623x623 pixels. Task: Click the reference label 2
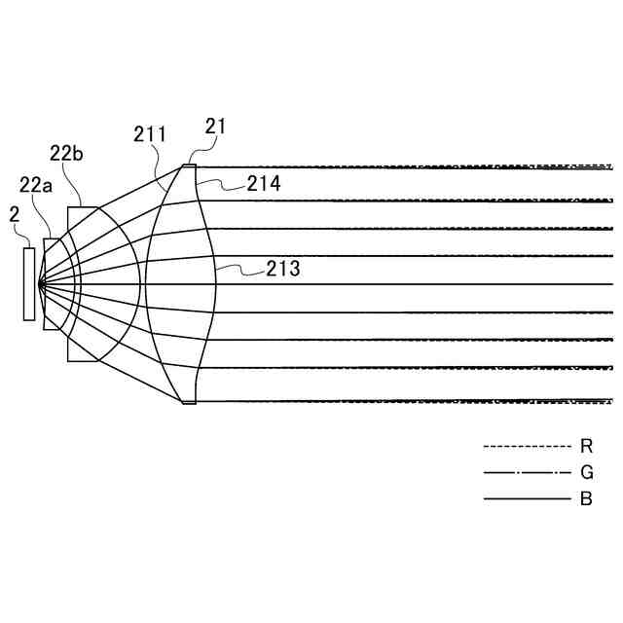pyautogui.click(x=15, y=214)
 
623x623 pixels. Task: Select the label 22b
pyautogui.click(x=66, y=152)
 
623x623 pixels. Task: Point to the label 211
pyautogui.click(x=149, y=134)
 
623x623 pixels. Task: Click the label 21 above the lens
pyautogui.click(x=216, y=126)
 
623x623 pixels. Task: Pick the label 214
pyautogui.click(x=263, y=182)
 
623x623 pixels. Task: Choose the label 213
pyautogui.click(x=282, y=269)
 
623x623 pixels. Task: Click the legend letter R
pyautogui.click(x=586, y=446)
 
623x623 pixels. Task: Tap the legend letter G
pyautogui.click(x=586, y=473)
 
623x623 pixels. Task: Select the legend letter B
pyautogui.click(x=586, y=499)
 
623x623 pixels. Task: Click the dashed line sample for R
pyautogui.click(x=527, y=446)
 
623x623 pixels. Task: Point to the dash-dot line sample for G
pyautogui.click(x=527, y=473)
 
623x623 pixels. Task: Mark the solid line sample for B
pyautogui.click(x=527, y=499)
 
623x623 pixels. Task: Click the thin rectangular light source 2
pyautogui.click(x=29, y=283)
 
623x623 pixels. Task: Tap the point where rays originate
pyautogui.click(x=39, y=284)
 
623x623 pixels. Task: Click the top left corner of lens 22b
pyautogui.click(x=68, y=206)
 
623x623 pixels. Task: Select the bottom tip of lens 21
pyautogui.click(x=189, y=403)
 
